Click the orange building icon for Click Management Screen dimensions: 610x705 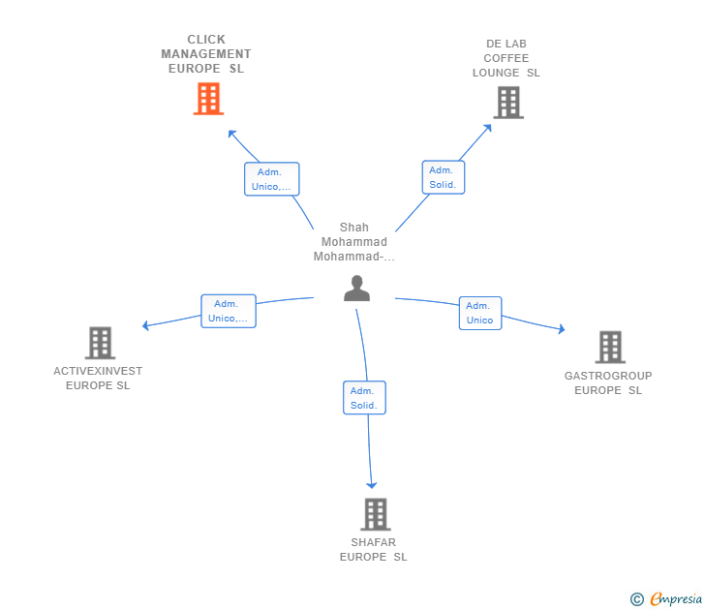tap(208, 99)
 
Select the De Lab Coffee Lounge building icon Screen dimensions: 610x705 tap(508, 103)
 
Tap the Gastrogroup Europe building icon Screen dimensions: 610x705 tap(609, 347)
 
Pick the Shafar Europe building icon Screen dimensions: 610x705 tap(375, 514)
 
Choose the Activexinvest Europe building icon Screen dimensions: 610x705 tap(100, 343)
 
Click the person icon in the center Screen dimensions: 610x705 tap(356, 289)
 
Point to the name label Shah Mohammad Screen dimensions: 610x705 tap(353, 242)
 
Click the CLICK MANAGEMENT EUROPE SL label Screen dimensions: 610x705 tap(205, 54)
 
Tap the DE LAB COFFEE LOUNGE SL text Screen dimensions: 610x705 tap(506, 58)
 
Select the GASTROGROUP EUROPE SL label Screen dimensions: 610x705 tap(608, 383)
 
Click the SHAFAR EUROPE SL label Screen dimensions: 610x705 tap(374, 550)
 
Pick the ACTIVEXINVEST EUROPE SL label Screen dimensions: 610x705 tap(98, 378)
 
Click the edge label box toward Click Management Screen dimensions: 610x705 tap(271, 179)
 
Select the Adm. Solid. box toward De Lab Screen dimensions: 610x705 tap(443, 177)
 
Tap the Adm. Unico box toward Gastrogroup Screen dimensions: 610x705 tap(479, 313)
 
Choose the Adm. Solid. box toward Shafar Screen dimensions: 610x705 tap(364, 398)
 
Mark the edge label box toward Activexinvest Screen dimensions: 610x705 tap(229, 311)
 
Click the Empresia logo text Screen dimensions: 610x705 tap(674, 599)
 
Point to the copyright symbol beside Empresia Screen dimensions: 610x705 tap(637, 599)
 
